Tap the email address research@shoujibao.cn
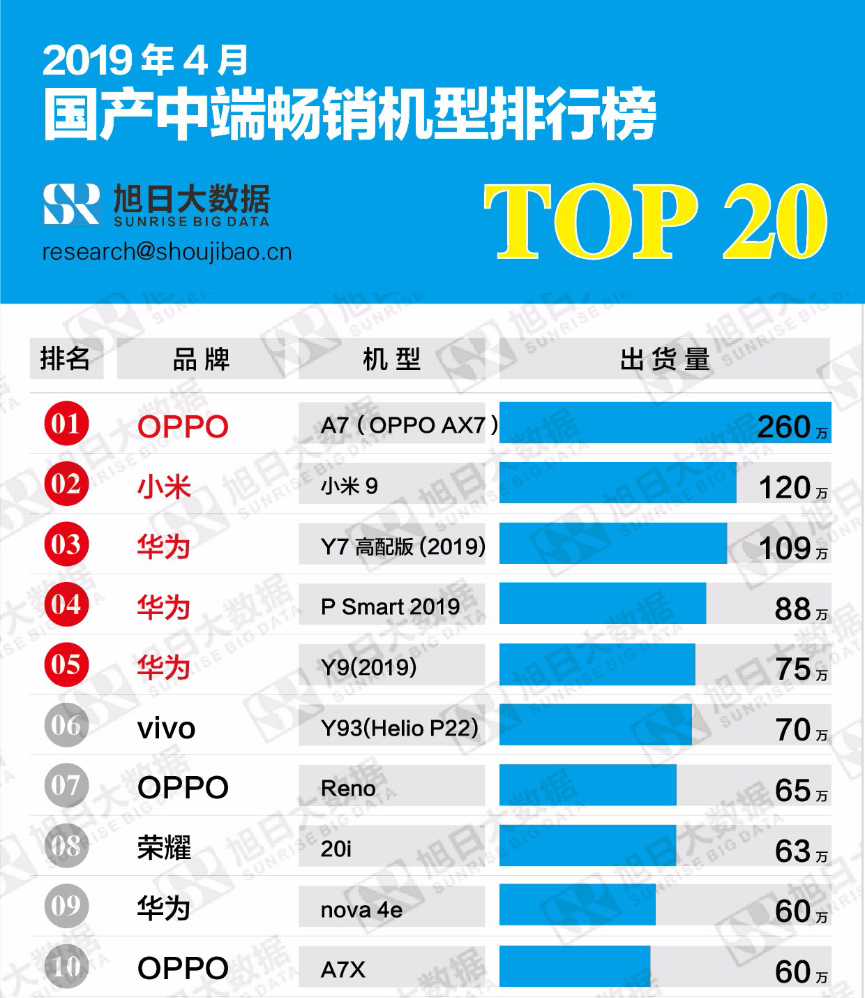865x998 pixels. pos(167,252)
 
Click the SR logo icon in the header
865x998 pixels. pos(71,204)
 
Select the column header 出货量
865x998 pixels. pos(664,359)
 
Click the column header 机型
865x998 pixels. pos(391,359)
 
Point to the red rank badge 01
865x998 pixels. pos(66,424)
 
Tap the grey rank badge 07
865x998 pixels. pos(66,786)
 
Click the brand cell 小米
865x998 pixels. pos(164,486)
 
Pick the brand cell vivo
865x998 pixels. pos(166,729)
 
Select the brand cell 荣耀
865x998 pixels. pos(164,849)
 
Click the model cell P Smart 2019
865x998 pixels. pos(391,606)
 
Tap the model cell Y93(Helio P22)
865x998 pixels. pos(400,728)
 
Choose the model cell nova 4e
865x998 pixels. pos(361,909)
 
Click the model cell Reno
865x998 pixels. pos(348,789)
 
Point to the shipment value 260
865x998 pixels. pos(784,426)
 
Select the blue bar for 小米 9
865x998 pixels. pos(617,482)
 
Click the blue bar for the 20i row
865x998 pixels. pos(587,845)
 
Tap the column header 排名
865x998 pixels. pos(66,359)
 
